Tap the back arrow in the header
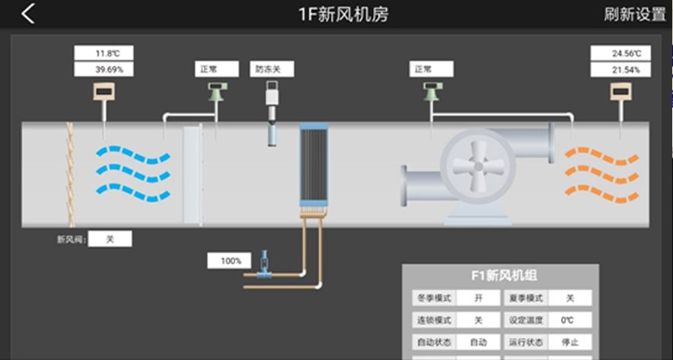(28, 14)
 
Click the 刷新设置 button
(634, 14)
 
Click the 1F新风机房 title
(343, 14)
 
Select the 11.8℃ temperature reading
(104, 53)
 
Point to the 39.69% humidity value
(104, 69)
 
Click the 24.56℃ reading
(621, 53)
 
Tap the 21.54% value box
(621, 69)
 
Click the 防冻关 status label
(272, 69)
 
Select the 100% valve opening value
(230, 261)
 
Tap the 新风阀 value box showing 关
(110, 239)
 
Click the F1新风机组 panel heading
(499, 276)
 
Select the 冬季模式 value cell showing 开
(478, 298)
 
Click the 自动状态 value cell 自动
(478, 342)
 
